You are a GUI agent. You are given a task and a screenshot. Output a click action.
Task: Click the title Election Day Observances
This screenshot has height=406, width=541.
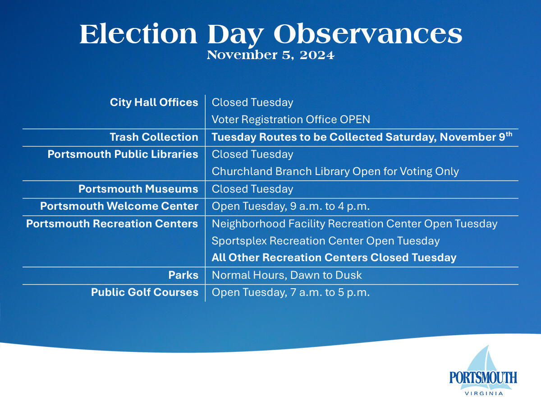[270, 34]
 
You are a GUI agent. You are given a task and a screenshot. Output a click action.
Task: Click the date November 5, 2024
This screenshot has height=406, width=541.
[270, 55]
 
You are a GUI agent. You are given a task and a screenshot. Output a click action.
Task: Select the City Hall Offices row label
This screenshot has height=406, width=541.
[154, 102]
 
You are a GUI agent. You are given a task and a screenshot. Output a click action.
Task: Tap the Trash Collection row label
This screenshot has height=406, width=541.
[154, 137]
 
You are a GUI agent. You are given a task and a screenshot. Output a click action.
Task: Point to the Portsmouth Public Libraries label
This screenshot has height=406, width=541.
[123, 154]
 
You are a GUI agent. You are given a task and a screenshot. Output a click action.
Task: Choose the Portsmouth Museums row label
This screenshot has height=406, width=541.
[138, 189]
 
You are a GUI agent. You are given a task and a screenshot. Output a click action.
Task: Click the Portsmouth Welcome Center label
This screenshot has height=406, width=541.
[119, 206]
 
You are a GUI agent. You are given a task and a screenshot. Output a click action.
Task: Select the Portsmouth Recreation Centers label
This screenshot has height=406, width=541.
[112, 224]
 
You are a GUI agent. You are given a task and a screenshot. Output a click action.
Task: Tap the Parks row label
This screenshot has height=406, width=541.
[183, 275]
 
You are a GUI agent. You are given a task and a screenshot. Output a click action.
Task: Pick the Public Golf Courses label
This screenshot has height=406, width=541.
[144, 292]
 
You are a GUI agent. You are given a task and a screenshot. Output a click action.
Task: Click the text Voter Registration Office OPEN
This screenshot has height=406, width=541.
[291, 120]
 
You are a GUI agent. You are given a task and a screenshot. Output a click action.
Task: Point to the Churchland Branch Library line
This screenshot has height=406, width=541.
[335, 171]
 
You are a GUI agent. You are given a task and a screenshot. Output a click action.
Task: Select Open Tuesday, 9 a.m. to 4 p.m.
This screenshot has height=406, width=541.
[291, 206]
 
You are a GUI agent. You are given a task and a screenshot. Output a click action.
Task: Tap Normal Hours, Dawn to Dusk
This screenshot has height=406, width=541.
[287, 275]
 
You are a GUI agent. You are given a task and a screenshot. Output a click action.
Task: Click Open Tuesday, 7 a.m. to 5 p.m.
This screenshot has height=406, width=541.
[291, 292]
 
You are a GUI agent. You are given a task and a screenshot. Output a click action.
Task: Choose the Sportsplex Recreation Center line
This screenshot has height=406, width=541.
[326, 241]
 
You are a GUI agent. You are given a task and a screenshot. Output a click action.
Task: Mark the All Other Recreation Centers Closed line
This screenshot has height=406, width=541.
[334, 258]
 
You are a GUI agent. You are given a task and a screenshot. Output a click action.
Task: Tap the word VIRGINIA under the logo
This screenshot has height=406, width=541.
[483, 393]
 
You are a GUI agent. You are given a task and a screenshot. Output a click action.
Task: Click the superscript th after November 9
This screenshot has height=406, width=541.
[509, 134]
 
